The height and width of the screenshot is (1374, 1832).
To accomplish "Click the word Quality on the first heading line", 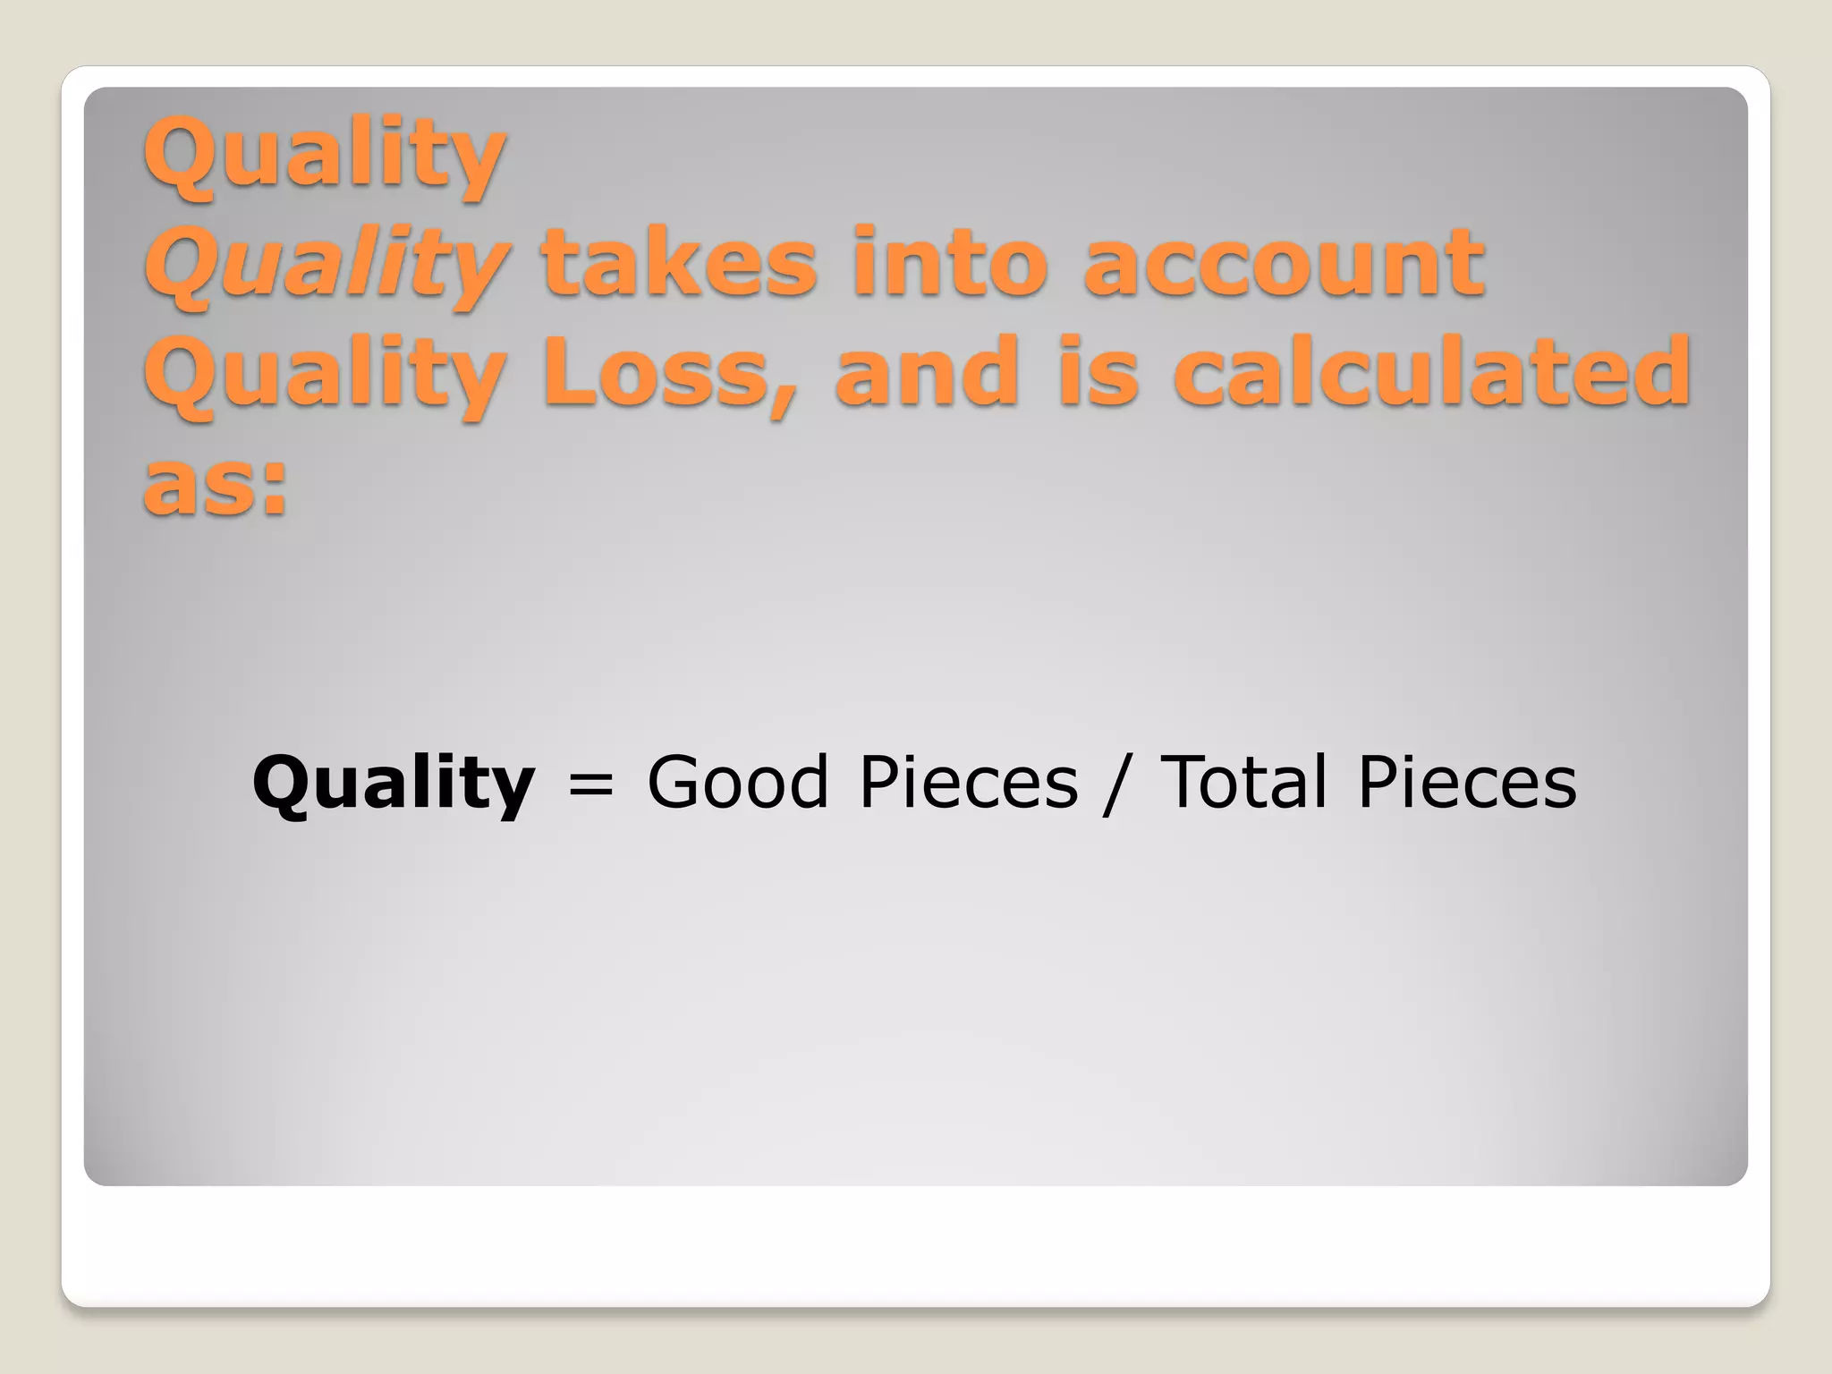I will pyautogui.click(x=325, y=156).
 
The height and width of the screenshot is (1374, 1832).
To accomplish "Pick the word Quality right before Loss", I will pyautogui.click(x=325, y=375).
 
